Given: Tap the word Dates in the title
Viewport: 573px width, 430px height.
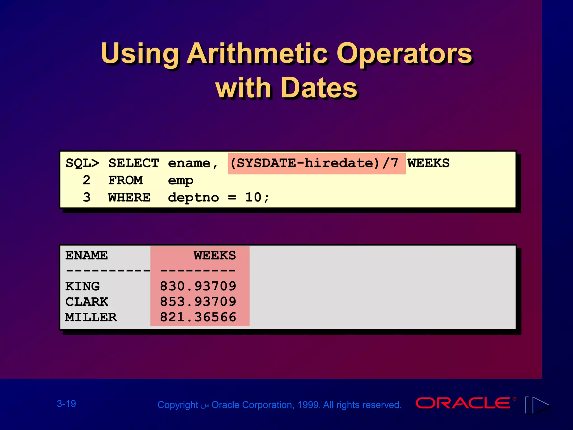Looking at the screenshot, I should pyautogui.click(x=319, y=88).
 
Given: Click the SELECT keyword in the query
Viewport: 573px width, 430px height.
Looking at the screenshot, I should pyautogui.click(x=134, y=163).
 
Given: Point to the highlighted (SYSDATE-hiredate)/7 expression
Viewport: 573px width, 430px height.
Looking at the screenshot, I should pyautogui.click(x=316, y=163).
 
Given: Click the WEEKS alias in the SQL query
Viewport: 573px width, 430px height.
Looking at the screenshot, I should pyautogui.click(x=428, y=163).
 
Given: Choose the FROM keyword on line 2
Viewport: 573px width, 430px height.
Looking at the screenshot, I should pyautogui.click(x=125, y=180).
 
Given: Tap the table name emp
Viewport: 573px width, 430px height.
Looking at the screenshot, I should pyautogui.click(x=180, y=181).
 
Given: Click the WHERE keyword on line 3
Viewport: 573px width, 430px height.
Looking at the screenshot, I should pyautogui.click(x=129, y=198).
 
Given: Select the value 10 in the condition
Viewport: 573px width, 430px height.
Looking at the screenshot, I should pyautogui.click(x=253, y=197).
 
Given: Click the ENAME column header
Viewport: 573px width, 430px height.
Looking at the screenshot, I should pyautogui.click(x=86, y=255).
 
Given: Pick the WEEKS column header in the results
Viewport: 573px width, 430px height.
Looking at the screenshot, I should pyautogui.click(x=215, y=255).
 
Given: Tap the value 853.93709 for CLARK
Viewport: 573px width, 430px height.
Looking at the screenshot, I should pyautogui.click(x=198, y=302).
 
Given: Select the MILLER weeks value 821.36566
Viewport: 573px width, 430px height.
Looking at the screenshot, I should pyautogui.click(x=198, y=317).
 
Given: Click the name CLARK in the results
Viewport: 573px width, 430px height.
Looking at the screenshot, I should pyautogui.click(x=87, y=302).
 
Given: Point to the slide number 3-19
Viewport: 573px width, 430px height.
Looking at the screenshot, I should pyautogui.click(x=67, y=404).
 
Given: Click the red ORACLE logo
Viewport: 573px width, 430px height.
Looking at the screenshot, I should pyautogui.click(x=463, y=403).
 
